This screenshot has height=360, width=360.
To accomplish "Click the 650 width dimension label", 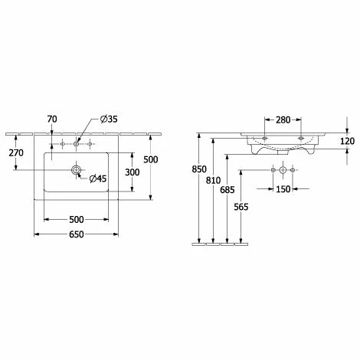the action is pyautogui.click(x=77, y=234).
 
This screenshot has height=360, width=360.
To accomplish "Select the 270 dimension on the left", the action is pyautogui.click(x=16, y=153).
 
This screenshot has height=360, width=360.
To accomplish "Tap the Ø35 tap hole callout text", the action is pyautogui.click(x=109, y=119).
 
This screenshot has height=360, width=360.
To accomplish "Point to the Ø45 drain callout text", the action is pyautogui.click(x=98, y=178).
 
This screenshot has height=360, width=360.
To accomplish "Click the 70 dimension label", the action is pyautogui.click(x=52, y=119).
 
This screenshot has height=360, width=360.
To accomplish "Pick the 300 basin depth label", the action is pyautogui.click(x=133, y=172).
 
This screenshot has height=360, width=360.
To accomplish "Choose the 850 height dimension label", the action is pyautogui.click(x=199, y=169).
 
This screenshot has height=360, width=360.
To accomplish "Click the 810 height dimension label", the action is pyautogui.click(x=213, y=181).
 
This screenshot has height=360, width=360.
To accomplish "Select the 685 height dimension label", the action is pyautogui.click(x=227, y=190).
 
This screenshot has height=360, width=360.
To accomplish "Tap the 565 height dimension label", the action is pyautogui.click(x=241, y=207).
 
